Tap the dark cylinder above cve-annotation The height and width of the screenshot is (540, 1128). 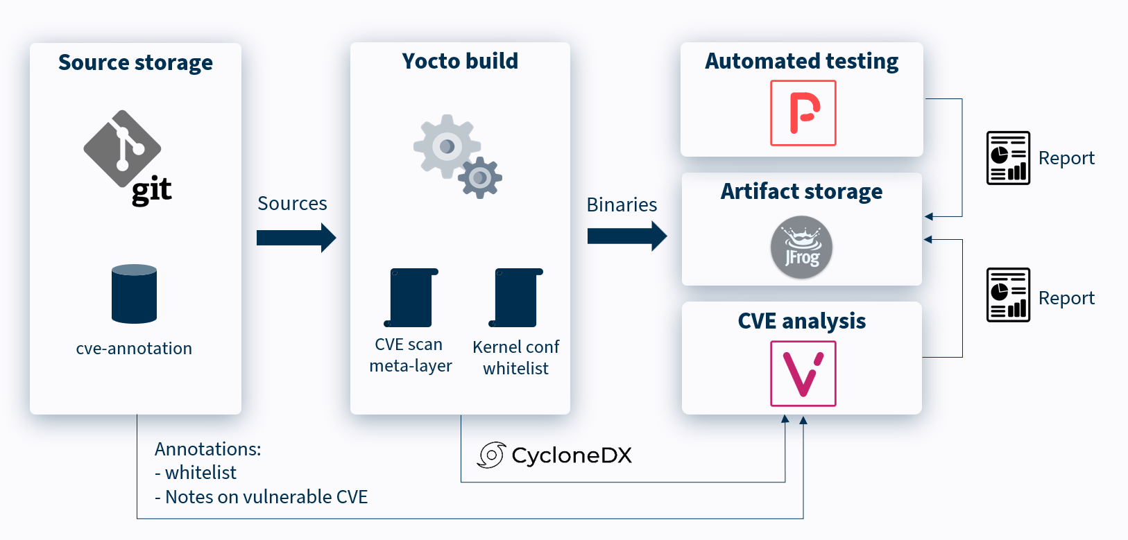point(134,294)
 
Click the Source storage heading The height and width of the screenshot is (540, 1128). point(135,62)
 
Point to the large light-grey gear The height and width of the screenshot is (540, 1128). point(446,146)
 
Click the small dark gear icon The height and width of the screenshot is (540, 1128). point(480,178)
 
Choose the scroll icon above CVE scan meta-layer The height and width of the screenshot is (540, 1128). point(411,298)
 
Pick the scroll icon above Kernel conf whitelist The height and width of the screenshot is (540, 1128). point(515,298)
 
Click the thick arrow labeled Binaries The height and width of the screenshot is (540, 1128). point(626,236)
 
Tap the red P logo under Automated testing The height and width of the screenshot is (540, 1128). point(803,113)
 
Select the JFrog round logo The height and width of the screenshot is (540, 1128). point(801,247)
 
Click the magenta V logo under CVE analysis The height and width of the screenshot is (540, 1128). point(803,374)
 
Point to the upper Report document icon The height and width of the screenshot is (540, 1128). point(1008,158)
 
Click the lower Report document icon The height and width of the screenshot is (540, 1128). point(1008,295)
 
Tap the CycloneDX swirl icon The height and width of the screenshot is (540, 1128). point(491,455)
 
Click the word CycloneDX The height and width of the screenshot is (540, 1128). point(572,455)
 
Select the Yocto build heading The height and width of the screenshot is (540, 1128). point(460,61)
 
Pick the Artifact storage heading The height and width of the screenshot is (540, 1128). point(801,191)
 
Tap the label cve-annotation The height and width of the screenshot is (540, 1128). point(134,349)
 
